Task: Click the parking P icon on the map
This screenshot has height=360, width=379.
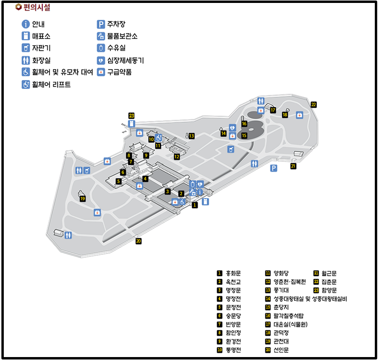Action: [274, 168]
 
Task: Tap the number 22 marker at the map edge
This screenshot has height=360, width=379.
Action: [314, 105]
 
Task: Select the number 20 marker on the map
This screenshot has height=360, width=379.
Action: [138, 241]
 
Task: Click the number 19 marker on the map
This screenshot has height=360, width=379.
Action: [83, 199]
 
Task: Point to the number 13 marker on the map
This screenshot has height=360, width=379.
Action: [192, 136]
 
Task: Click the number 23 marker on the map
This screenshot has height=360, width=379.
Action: [132, 116]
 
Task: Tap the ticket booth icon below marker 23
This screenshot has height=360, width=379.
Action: [132, 124]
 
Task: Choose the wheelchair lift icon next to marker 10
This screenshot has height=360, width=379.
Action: [158, 138]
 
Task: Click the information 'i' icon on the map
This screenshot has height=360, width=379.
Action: [200, 192]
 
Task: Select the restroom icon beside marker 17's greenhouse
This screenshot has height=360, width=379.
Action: [261, 101]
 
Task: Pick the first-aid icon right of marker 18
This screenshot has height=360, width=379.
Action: [299, 115]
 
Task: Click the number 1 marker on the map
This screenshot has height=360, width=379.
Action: [195, 205]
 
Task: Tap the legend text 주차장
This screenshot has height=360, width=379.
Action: [116, 24]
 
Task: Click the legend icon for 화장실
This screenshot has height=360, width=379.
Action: [26, 60]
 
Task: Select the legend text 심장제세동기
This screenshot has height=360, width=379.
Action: [125, 60]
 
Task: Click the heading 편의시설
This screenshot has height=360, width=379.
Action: [37, 7]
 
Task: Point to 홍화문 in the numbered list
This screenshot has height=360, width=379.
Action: [233, 273]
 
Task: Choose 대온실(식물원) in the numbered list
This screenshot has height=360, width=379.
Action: [290, 324]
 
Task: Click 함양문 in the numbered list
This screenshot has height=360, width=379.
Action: [329, 290]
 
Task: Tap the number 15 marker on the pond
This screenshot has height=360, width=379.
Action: [244, 135]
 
